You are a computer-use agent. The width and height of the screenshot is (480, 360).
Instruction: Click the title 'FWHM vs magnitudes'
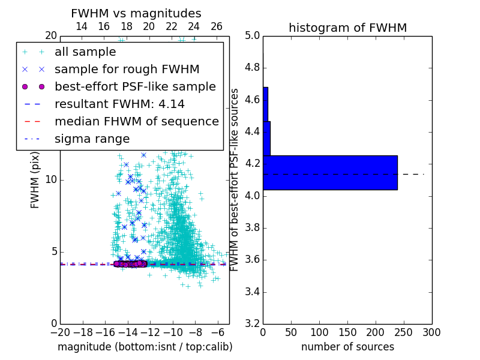[136, 13]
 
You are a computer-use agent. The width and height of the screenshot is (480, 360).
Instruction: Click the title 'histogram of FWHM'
[347, 28]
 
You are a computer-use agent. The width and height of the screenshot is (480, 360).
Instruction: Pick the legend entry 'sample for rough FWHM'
[127, 70]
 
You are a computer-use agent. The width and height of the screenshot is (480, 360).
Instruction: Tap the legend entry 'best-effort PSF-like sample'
[135, 86]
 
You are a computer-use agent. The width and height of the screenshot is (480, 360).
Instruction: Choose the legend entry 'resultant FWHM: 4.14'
[119, 104]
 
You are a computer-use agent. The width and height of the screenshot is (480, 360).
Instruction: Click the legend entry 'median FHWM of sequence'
[136, 121]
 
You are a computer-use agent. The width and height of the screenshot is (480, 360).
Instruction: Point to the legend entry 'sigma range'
[92, 139]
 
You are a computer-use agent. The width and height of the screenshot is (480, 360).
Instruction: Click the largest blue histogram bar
[330, 173]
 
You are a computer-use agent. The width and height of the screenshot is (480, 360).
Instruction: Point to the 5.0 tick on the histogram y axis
[252, 36]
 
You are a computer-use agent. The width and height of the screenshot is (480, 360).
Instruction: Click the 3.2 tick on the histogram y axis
[252, 324]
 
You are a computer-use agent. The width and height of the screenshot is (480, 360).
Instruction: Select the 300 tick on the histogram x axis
[432, 332]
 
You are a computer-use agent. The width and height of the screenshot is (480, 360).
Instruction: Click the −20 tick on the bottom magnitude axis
[60, 332]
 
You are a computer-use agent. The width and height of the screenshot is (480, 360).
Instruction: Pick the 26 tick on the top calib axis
[217, 26]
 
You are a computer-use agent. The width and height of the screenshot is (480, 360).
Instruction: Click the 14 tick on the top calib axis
[82, 26]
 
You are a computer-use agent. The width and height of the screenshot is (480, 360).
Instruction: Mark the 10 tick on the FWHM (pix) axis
[50, 180]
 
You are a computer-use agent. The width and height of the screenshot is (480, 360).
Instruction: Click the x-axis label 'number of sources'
[347, 347]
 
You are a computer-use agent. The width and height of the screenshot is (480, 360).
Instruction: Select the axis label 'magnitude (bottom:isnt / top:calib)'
[145, 347]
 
